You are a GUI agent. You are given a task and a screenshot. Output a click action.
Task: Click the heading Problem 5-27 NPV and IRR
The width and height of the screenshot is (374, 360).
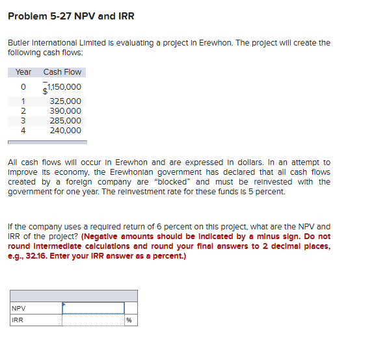tap(71, 16)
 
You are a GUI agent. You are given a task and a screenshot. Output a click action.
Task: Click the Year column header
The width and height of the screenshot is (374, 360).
tap(23, 72)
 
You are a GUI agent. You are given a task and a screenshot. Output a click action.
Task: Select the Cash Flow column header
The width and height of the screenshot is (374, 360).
tap(62, 72)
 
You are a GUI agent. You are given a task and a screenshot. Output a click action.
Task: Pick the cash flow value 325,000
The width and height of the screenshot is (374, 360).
tap(66, 101)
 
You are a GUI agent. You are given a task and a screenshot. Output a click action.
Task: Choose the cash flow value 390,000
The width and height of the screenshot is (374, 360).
tap(66, 111)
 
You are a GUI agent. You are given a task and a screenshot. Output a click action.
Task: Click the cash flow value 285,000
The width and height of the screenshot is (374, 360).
tap(66, 121)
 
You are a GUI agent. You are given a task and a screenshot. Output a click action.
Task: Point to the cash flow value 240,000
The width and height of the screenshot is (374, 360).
tap(66, 131)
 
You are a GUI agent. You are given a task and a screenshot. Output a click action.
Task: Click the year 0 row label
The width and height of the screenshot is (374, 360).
tap(23, 87)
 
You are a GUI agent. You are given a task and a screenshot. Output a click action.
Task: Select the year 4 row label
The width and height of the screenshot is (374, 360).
tap(23, 131)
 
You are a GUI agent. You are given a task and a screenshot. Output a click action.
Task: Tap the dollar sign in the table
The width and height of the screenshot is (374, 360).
tap(45, 92)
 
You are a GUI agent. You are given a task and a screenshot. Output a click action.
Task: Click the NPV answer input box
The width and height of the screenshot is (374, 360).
tap(92, 308)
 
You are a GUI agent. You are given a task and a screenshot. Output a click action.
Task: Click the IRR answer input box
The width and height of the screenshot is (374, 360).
tap(92, 320)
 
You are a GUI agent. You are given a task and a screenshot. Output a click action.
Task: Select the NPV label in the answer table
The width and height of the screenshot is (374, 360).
tap(19, 308)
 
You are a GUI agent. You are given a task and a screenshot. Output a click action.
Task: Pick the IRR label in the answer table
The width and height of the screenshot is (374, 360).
tap(18, 320)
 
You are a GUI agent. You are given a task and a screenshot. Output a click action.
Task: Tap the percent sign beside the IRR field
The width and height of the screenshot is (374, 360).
tap(129, 320)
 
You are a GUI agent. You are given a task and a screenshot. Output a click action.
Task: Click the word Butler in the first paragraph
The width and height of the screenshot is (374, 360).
tap(19, 43)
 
